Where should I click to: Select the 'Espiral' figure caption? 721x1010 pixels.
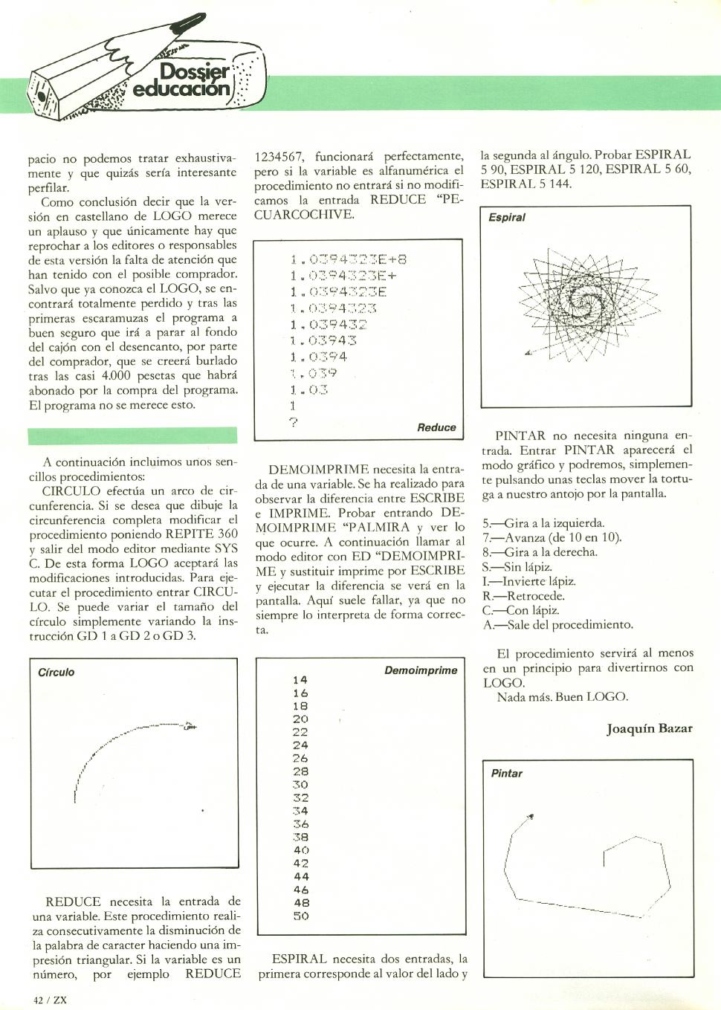(507, 218)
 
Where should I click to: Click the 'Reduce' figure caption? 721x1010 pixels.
(436, 427)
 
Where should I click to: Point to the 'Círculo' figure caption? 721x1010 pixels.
(56, 672)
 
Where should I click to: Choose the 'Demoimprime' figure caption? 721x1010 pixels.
(421, 670)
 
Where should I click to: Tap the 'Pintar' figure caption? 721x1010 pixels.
(506, 774)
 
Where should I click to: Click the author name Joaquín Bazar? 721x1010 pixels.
(649, 728)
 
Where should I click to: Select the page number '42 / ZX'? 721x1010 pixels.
(51, 1000)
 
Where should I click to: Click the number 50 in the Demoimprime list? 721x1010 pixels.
(300, 916)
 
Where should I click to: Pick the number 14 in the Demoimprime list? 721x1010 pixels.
(300, 680)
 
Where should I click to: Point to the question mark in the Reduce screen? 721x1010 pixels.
(294, 423)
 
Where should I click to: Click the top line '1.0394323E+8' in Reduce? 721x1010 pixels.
(349, 259)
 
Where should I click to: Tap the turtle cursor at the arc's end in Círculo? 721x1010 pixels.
(190, 726)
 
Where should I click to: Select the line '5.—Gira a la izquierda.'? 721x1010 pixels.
(543, 523)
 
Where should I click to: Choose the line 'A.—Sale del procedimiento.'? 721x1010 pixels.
(557, 625)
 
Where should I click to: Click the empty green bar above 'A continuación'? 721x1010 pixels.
(132, 436)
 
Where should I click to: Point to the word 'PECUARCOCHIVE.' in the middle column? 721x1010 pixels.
(305, 215)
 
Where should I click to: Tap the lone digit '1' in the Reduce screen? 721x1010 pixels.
(293, 406)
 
